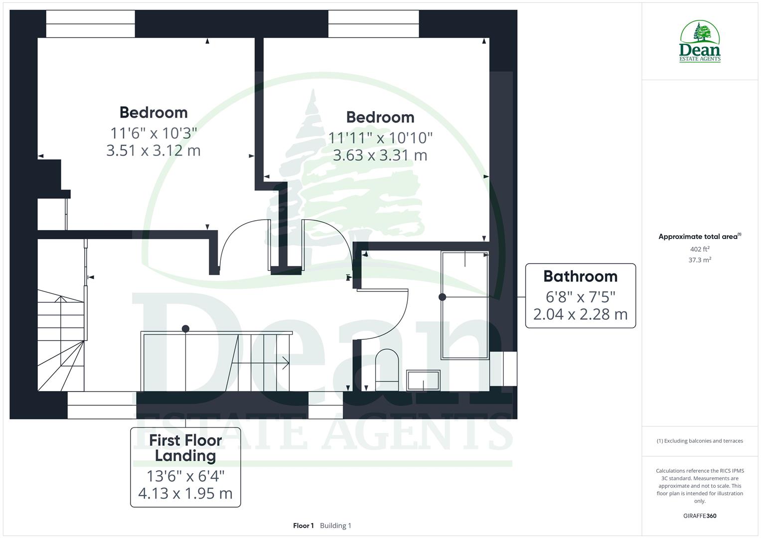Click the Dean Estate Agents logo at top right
[700, 42]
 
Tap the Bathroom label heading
[580, 276]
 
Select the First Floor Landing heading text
[185, 448]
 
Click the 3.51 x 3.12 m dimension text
[153, 150]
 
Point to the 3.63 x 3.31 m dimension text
[380, 155]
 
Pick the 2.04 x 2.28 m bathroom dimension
[580, 314]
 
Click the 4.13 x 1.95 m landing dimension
[185, 493]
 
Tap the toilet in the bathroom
[387, 366]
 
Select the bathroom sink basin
[423, 380]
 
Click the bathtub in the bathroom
[464, 305]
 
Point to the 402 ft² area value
[700, 249]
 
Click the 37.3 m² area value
[700, 260]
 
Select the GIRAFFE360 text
[700, 516]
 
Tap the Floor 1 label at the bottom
[303, 526]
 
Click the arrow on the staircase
[285, 363]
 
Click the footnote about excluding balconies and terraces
[700, 441]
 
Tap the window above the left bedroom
[90, 24]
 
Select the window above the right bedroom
[373, 24]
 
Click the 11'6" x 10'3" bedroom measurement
[153, 133]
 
